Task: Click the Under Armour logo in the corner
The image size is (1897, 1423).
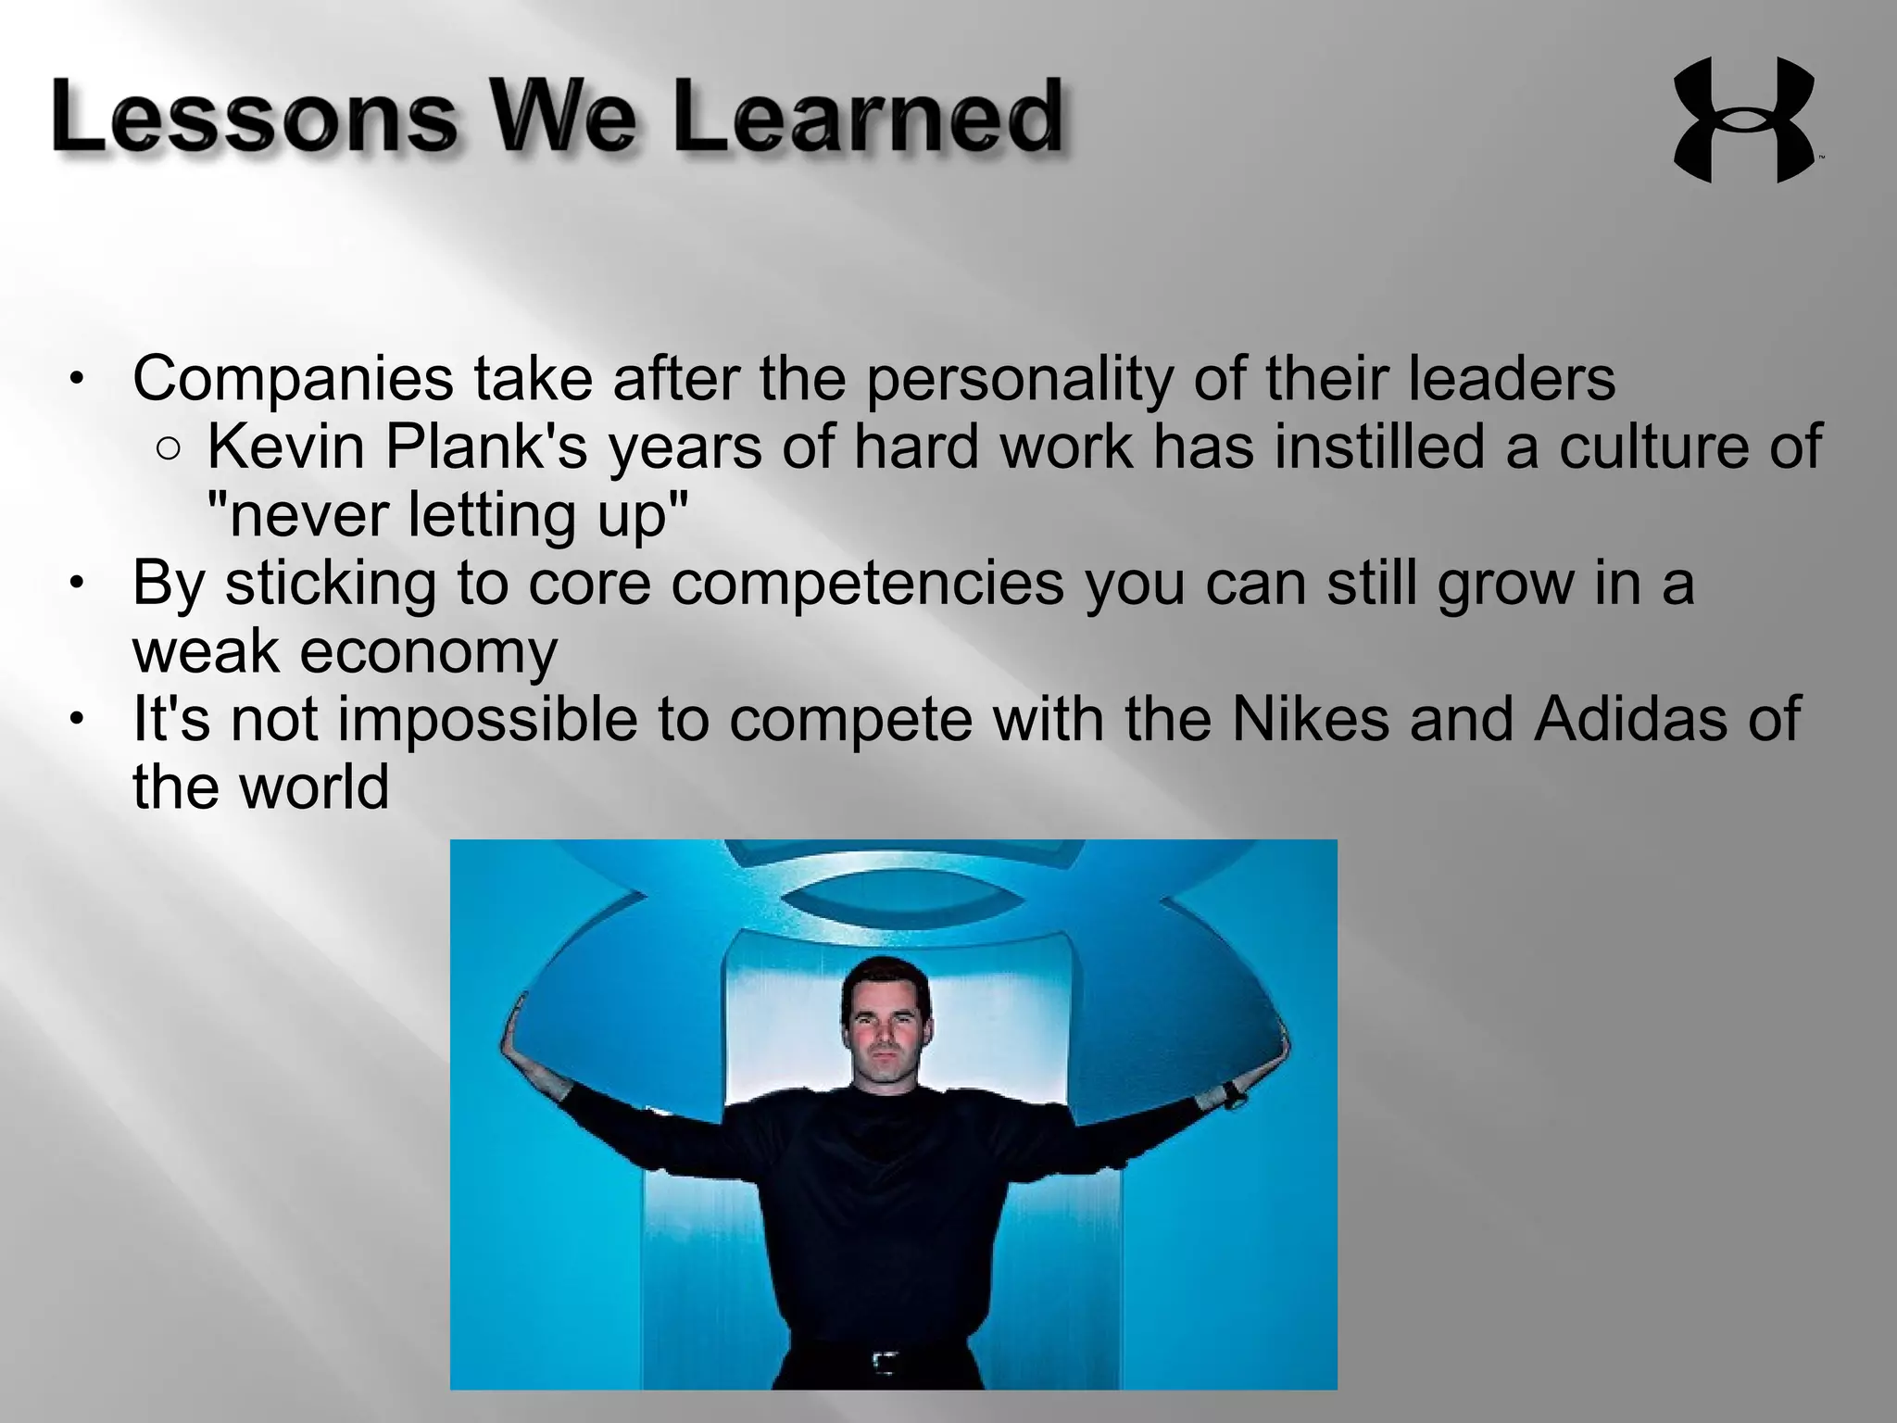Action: (x=1743, y=120)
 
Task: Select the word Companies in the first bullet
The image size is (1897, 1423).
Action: (x=293, y=379)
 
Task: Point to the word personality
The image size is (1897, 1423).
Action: (x=1020, y=379)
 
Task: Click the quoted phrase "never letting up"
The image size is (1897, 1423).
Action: (x=448, y=515)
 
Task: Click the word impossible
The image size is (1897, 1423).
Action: (x=487, y=720)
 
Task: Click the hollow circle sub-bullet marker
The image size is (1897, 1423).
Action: (x=169, y=449)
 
